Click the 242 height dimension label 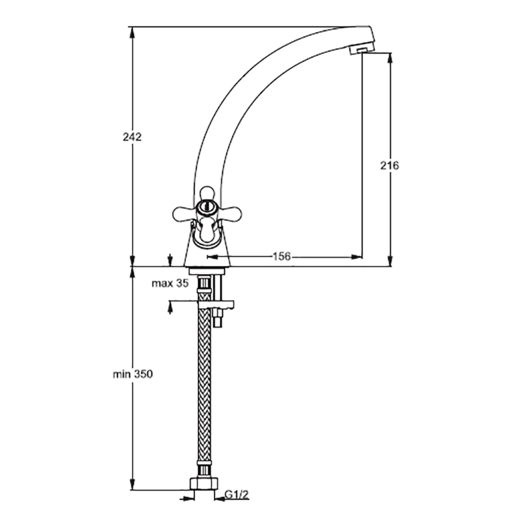[x=132, y=137]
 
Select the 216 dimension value [x=390, y=165]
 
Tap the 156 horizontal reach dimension [x=282, y=256]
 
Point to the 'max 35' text [x=170, y=283]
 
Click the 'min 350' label [x=133, y=374]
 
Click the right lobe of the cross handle [x=230, y=213]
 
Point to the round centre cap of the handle [x=206, y=207]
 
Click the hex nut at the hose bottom [x=205, y=484]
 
